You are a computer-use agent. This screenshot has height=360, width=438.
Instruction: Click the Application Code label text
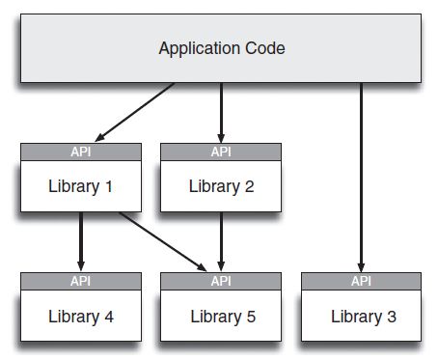click(x=221, y=47)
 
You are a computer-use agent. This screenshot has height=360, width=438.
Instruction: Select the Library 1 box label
click(x=81, y=186)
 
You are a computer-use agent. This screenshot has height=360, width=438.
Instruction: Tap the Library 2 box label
click(x=221, y=186)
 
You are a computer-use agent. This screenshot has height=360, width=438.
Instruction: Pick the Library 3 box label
click(x=362, y=316)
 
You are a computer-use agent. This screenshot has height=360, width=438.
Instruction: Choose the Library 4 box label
click(x=81, y=316)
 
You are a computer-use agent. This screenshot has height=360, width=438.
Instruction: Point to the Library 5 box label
click(x=221, y=316)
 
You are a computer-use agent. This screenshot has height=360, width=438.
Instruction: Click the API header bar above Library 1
click(x=81, y=152)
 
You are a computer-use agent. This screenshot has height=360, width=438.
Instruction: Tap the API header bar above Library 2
click(x=221, y=152)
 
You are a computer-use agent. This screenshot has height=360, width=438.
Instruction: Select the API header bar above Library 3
click(x=362, y=281)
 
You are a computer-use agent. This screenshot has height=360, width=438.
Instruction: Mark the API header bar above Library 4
click(x=81, y=281)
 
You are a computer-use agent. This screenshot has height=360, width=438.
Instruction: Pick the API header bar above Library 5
click(x=221, y=281)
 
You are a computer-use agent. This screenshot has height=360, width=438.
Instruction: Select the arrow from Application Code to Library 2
click(x=221, y=111)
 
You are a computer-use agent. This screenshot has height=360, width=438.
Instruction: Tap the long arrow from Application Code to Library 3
click(x=362, y=174)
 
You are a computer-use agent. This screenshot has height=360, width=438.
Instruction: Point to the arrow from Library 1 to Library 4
click(x=81, y=241)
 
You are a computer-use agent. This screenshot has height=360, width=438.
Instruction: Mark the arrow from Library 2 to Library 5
click(x=221, y=241)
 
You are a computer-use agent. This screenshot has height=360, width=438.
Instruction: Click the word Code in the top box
click(x=263, y=47)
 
